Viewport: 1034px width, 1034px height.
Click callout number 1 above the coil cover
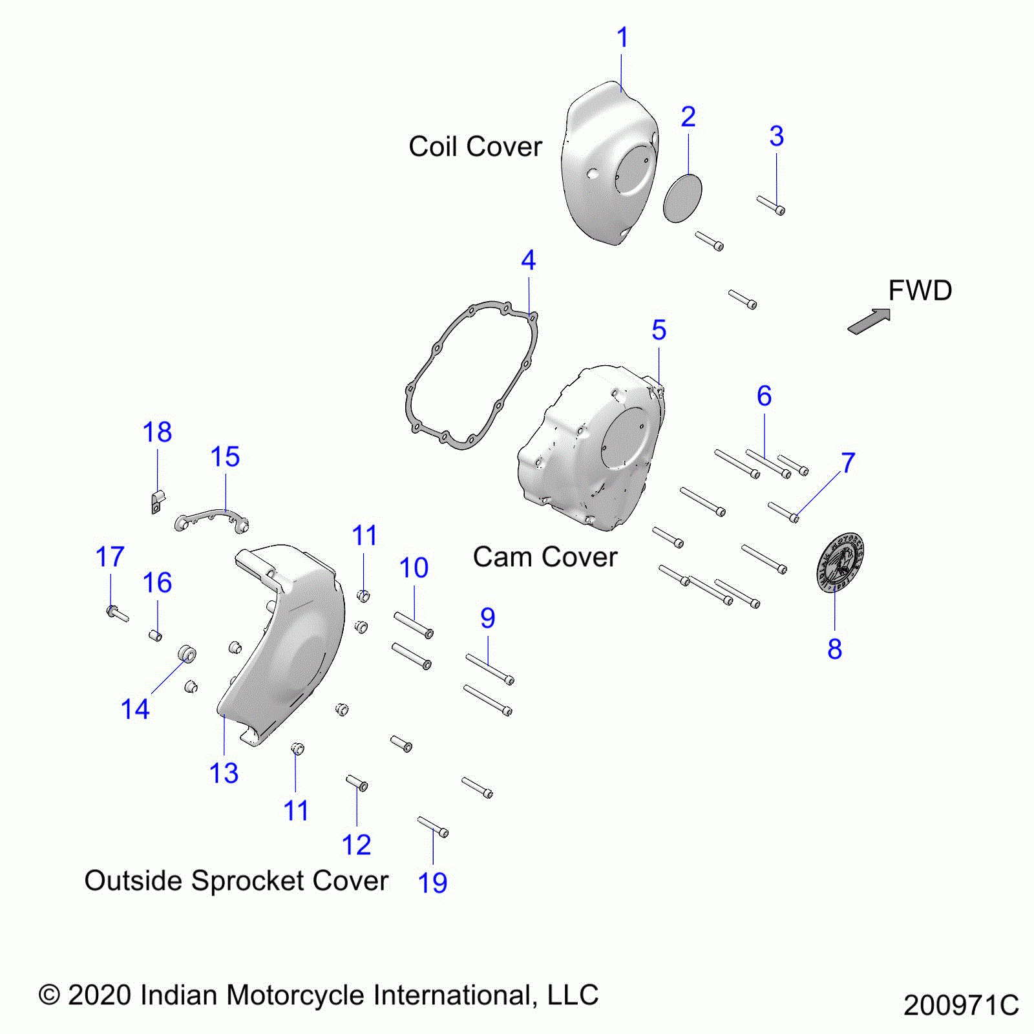[622, 37]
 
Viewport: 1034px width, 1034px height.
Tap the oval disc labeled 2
[682, 198]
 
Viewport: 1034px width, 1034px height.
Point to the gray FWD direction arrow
[869, 321]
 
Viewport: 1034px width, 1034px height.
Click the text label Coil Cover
[475, 147]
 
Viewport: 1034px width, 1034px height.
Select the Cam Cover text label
[545, 557]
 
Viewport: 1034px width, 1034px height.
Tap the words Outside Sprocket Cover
[237, 881]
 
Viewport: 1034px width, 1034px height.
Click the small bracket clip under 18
[156, 503]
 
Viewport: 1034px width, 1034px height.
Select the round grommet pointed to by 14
[187, 653]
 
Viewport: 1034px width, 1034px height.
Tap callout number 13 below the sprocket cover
[224, 773]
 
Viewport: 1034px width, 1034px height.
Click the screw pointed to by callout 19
[433, 827]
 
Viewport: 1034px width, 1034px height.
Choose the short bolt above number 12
[357, 783]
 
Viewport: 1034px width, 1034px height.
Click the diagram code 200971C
[960, 1006]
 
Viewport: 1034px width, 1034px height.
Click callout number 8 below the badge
[834, 649]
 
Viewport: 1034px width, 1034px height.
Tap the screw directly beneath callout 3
[771, 206]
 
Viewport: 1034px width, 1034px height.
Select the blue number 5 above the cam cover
[659, 330]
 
